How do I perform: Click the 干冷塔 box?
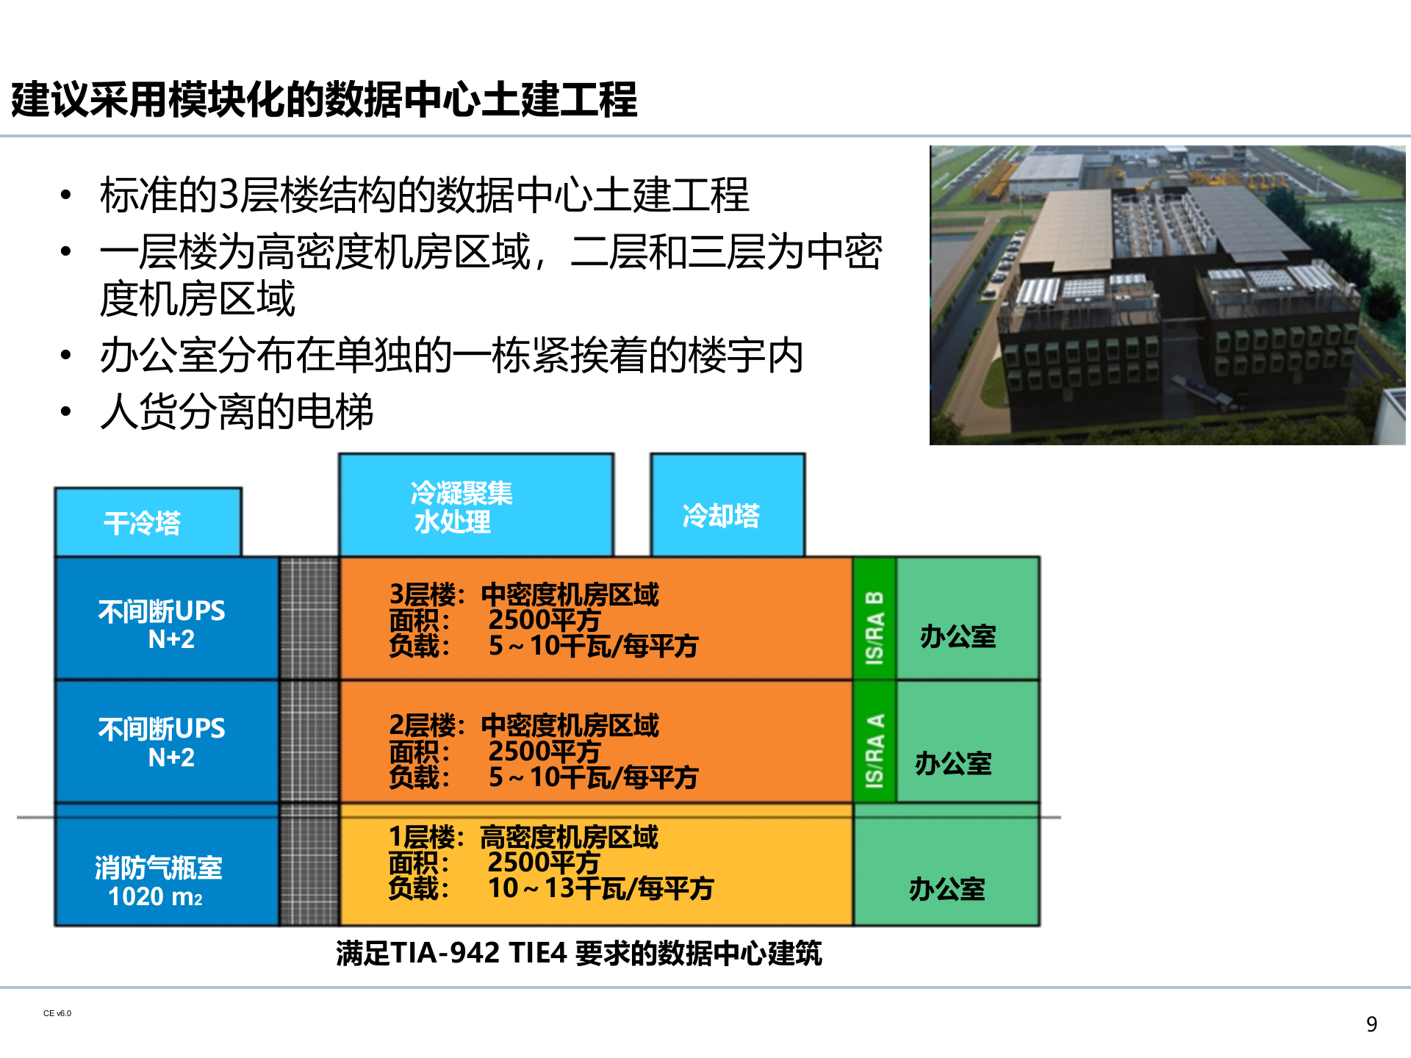pos(148,522)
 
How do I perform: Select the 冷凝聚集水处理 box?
pos(475,505)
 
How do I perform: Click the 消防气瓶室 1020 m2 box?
pos(166,871)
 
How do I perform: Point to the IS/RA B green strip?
pos(874,618)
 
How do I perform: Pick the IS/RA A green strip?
pos(874,742)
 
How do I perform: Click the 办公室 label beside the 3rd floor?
pos(958,636)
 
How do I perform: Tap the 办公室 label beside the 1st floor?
pos(947,889)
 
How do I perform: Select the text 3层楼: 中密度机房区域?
pos(524,594)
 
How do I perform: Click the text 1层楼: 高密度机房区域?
pos(523,837)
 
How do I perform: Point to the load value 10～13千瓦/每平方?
pos(600,889)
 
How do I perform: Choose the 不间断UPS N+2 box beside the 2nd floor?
pos(166,742)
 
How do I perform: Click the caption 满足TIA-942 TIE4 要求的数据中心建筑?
pos(578,953)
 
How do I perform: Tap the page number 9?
pos(1371,1024)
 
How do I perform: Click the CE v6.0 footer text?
pos(57,1014)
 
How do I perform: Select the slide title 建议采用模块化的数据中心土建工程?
pos(324,99)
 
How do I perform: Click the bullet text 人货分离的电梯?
pos(237,411)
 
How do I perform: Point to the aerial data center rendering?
pos(1167,295)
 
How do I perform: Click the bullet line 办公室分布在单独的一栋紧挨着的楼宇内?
pos(451,356)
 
